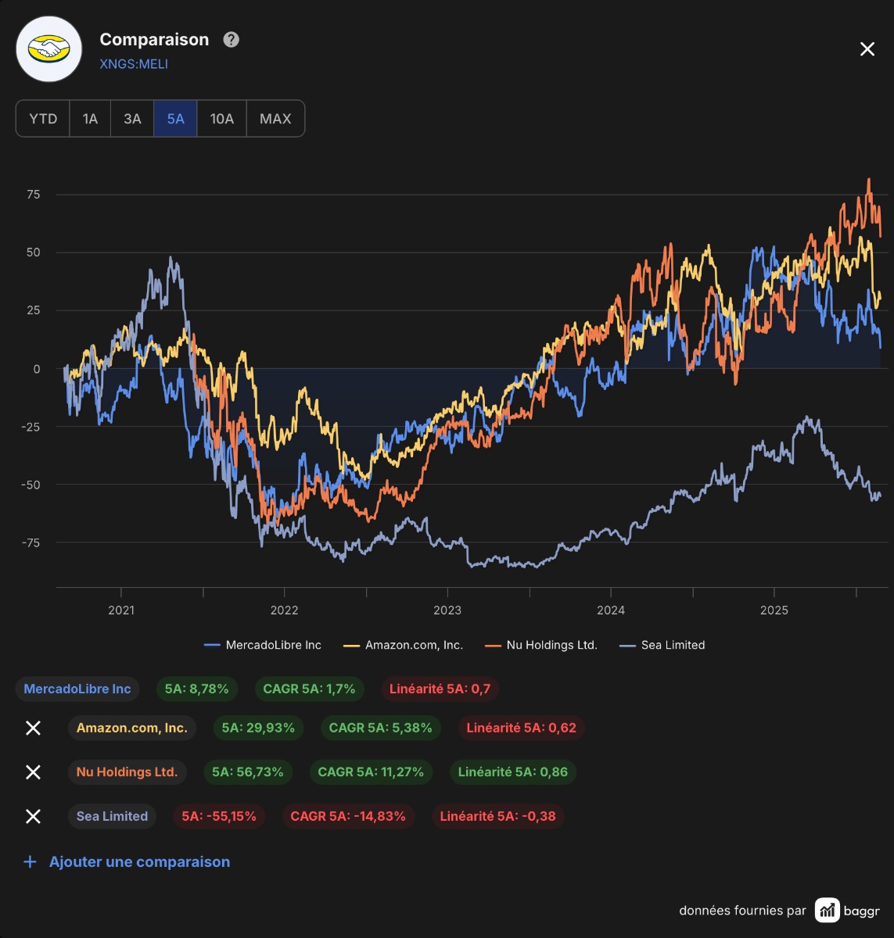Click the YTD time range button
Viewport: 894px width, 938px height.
click(x=43, y=118)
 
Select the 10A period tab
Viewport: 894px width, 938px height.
click(x=221, y=118)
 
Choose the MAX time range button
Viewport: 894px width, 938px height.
click(x=275, y=118)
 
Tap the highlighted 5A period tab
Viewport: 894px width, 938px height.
click(x=175, y=118)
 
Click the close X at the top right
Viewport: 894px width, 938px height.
click(x=867, y=48)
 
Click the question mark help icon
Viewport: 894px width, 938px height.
click(x=232, y=40)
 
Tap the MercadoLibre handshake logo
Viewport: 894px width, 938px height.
click(x=48, y=49)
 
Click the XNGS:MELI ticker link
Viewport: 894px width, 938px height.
click(x=134, y=64)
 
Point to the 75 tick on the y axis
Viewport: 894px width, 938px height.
click(x=34, y=194)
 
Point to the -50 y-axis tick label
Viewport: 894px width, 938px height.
click(x=31, y=485)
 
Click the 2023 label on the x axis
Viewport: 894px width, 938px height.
click(x=447, y=610)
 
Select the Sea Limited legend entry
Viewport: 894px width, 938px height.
click(x=662, y=645)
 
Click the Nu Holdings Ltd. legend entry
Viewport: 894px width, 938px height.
click(x=541, y=645)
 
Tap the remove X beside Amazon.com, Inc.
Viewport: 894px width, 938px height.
click(x=33, y=728)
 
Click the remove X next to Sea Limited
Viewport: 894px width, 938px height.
click(x=33, y=816)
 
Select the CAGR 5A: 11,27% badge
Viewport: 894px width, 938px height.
click(x=371, y=772)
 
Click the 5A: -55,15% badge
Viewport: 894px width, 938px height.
click(x=219, y=816)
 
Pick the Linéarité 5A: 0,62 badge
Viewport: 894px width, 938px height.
click(x=521, y=728)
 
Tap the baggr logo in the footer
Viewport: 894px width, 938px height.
click(x=847, y=911)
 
